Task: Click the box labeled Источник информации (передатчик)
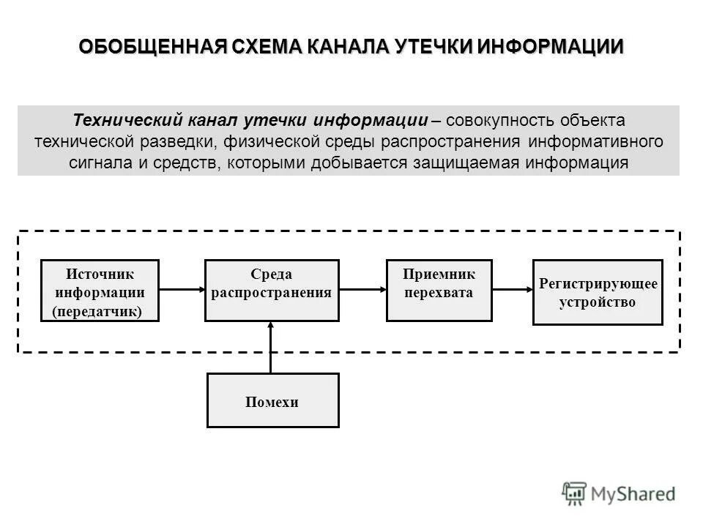[100, 291]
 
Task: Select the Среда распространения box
[272, 291]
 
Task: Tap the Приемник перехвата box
[439, 291]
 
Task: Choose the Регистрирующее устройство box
[597, 291]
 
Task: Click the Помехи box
[272, 400]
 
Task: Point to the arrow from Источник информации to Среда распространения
[181, 291]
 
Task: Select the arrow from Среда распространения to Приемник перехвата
[362, 291]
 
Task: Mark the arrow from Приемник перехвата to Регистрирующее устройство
[512, 291]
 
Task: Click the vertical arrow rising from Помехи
[272, 347]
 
